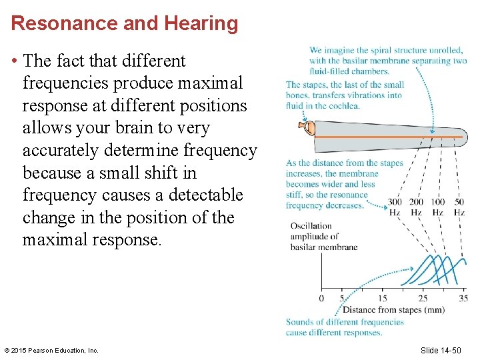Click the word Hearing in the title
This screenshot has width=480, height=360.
coord(198,23)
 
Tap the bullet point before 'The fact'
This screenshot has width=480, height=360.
coord(14,61)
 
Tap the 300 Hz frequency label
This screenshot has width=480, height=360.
coord(395,207)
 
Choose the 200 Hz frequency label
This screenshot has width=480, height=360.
coord(416,207)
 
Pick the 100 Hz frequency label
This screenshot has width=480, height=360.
coord(437,207)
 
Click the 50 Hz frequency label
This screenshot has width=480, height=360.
coord(459,207)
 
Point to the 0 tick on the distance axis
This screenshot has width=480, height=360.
coord(322,298)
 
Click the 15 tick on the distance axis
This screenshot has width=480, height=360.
coord(383,298)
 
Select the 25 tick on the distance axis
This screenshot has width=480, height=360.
coord(423,298)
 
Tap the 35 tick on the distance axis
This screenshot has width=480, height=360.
coord(463,298)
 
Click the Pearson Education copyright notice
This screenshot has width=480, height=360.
coord(51,350)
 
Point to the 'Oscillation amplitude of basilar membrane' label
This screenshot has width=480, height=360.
coord(324,237)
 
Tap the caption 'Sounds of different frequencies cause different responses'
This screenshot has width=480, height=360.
coord(345,327)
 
